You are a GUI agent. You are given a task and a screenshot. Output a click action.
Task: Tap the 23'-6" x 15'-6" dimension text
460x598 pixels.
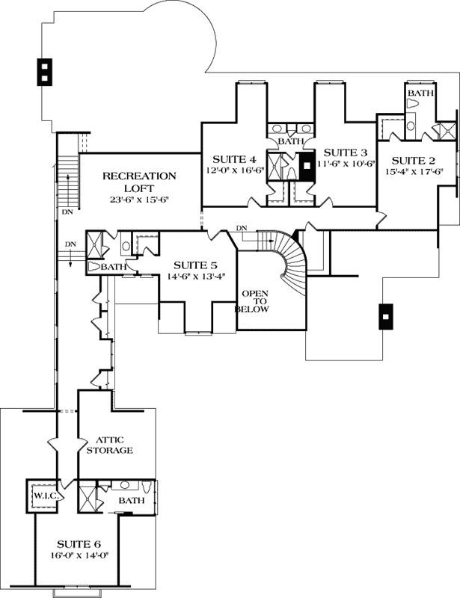(x=139, y=200)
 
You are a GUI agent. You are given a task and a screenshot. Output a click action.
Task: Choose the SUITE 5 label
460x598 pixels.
(x=195, y=265)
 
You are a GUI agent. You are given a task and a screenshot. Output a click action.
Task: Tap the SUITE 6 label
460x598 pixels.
(x=76, y=543)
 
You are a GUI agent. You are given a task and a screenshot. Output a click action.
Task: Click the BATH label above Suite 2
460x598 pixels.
(x=420, y=93)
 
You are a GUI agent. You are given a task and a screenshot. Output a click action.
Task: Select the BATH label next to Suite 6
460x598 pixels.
(x=131, y=500)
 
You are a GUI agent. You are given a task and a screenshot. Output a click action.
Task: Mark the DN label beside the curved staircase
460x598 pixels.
(x=241, y=228)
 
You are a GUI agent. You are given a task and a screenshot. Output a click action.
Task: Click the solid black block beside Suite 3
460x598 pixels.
(x=307, y=166)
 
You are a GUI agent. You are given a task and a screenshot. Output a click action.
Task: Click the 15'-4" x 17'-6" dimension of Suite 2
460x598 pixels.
(x=414, y=172)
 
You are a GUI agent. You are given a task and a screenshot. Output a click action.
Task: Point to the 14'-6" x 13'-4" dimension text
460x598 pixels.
(x=195, y=277)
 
